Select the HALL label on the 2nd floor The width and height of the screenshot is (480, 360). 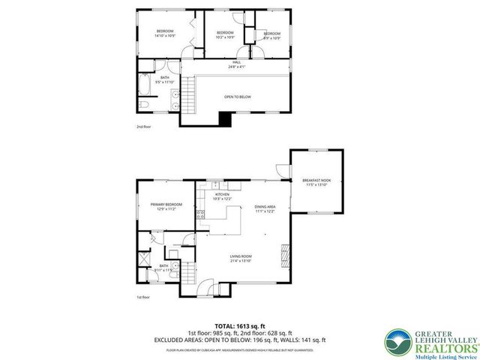(x=236, y=65)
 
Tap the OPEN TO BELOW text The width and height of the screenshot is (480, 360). (x=238, y=97)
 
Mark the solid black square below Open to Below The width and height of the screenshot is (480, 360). (x=224, y=118)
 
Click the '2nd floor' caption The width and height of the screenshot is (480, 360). (x=143, y=127)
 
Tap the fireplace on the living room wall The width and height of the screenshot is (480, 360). (x=283, y=256)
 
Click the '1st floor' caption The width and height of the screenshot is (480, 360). (x=143, y=297)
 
